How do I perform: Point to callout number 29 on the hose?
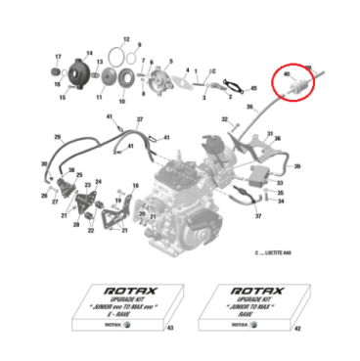(58, 136)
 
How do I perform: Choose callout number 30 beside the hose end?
(43, 164)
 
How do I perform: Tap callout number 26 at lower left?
(44, 197)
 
